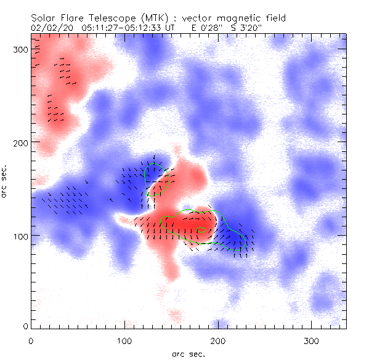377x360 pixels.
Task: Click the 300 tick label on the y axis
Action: pyautogui.click(x=20, y=49)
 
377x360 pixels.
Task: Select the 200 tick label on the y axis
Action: pyautogui.click(x=20, y=142)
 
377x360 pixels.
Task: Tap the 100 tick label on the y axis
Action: pyautogui.click(x=20, y=236)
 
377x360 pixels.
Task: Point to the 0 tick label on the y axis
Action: pyautogui.click(x=25, y=326)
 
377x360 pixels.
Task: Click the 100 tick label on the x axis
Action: pyautogui.click(x=124, y=340)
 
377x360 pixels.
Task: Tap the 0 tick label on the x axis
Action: pyautogui.click(x=31, y=340)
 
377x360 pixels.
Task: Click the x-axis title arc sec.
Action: pyautogui.click(x=188, y=353)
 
